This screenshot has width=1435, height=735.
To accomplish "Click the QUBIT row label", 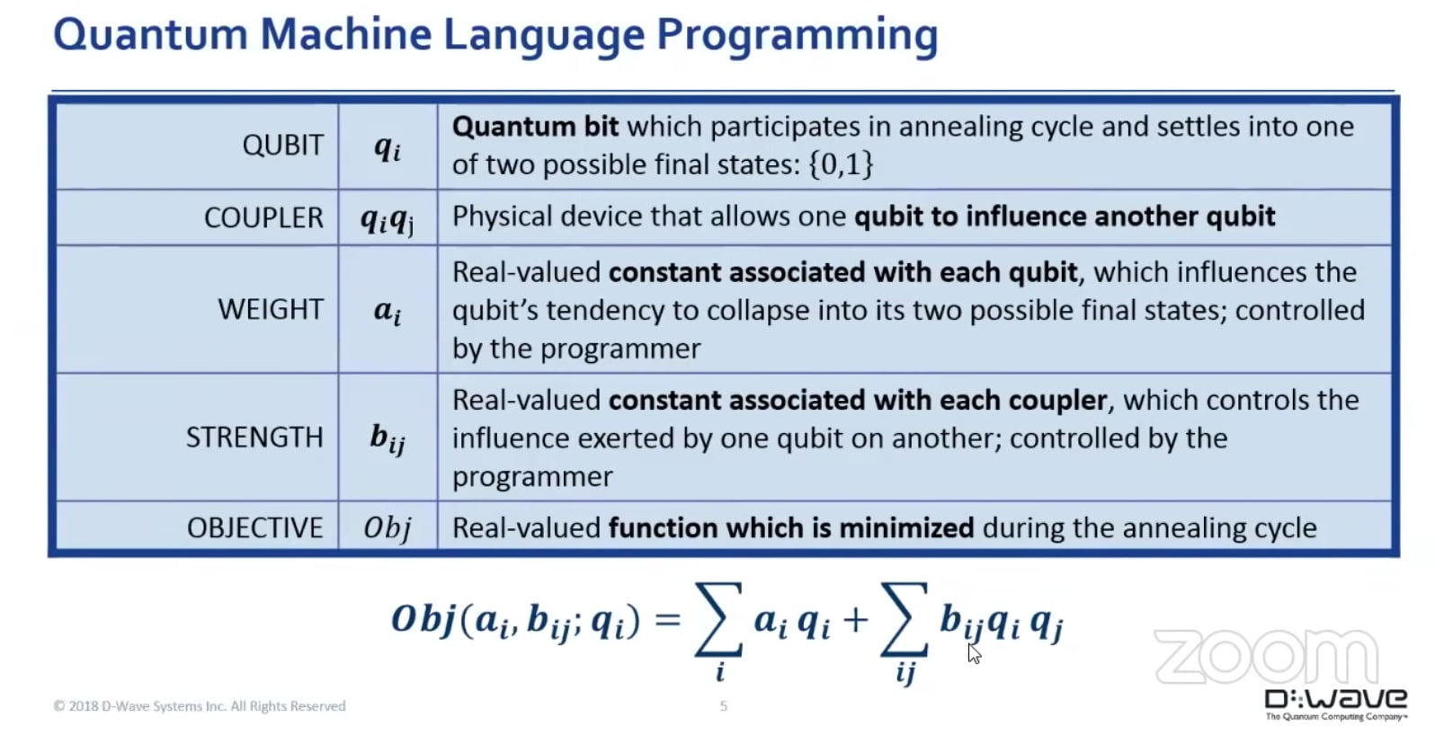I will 282,145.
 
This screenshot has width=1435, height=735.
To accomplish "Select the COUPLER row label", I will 263,217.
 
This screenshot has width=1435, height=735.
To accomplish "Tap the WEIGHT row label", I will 271,309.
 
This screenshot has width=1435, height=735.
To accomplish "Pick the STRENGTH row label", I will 254,437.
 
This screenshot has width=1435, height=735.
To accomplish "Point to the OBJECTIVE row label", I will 255,527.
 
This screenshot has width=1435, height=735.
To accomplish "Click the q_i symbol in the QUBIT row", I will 388,146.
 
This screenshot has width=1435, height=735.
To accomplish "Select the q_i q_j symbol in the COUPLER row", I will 388,218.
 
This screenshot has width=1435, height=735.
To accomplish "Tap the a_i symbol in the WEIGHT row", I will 388,311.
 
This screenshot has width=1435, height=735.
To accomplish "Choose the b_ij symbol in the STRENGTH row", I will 388,438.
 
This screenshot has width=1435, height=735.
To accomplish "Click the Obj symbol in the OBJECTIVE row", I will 388,527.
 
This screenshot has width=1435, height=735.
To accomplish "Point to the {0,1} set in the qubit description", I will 841,164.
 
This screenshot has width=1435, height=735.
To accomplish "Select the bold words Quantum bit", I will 535,127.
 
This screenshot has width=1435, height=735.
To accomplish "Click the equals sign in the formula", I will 668,620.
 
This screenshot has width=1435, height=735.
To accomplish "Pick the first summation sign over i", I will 718,619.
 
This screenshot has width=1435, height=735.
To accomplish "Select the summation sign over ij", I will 905,619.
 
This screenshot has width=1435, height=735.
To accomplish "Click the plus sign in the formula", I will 856,620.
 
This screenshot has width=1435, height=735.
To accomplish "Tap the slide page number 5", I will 724,706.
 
